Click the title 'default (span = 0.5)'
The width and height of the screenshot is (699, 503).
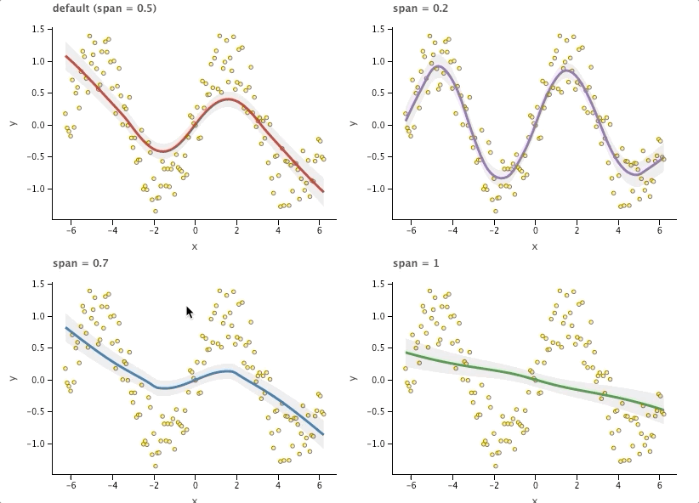(x=104, y=8)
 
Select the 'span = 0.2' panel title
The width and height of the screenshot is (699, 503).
(x=420, y=8)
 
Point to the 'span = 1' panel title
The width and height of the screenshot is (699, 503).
(x=416, y=263)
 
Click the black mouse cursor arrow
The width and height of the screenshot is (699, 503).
(x=190, y=313)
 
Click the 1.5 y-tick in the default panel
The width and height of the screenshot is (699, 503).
(x=38, y=29)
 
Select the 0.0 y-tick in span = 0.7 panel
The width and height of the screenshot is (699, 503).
(x=38, y=380)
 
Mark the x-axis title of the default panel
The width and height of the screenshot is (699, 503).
(x=195, y=246)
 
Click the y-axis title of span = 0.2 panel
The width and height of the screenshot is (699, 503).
(x=354, y=124)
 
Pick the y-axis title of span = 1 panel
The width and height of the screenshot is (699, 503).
(x=354, y=379)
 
